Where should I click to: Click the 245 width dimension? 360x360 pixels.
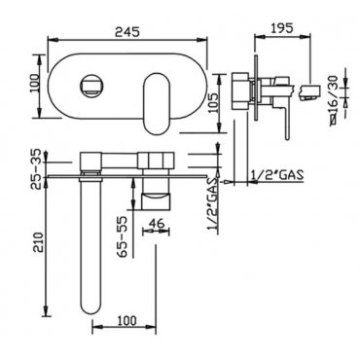(x=127, y=31)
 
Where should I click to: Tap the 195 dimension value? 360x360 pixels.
(x=281, y=27)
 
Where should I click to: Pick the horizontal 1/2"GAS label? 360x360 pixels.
(x=277, y=175)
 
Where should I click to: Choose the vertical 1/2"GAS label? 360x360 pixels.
(x=212, y=204)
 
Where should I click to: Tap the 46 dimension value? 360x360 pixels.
(x=157, y=223)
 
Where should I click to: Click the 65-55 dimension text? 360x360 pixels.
(x=123, y=236)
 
